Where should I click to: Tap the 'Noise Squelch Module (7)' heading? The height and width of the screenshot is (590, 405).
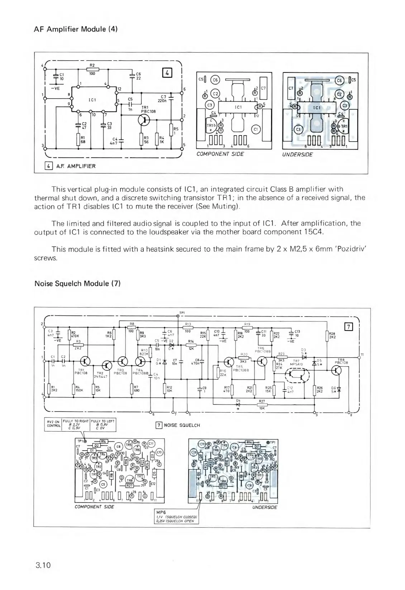click(x=77, y=284)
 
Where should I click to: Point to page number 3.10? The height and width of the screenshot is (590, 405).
click(x=43, y=566)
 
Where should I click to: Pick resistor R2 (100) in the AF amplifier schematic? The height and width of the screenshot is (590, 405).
click(x=92, y=69)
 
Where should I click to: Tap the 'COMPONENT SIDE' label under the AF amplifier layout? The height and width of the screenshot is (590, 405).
click(x=220, y=154)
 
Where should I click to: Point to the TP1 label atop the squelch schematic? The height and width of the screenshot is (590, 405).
click(x=182, y=313)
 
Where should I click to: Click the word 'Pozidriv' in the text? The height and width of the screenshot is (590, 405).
click(x=351, y=250)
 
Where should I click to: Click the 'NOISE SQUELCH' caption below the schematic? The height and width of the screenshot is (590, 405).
click(x=181, y=425)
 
